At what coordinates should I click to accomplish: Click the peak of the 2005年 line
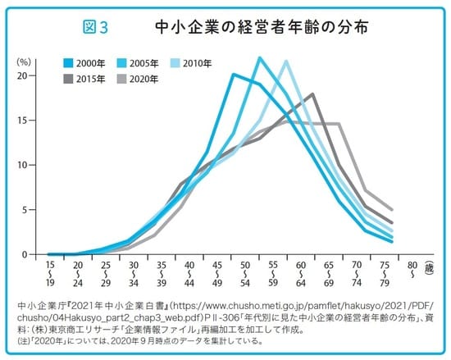259,57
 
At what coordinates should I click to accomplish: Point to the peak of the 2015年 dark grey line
312,94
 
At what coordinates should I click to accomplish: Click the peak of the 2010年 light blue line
286,61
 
